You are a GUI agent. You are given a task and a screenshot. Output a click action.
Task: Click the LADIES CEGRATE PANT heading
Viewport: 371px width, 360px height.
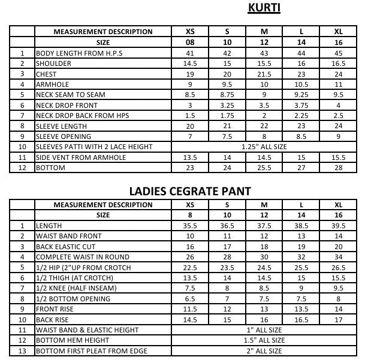(190, 191)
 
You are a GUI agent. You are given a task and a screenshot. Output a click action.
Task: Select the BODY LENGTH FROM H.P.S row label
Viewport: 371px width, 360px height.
(79, 53)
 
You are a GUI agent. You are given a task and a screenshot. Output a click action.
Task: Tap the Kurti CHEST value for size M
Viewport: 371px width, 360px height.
(264, 74)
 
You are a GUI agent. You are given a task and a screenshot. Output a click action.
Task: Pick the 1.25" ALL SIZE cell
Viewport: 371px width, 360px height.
(264, 147)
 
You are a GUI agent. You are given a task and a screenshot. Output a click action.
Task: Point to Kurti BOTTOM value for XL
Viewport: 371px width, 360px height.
(339, 168)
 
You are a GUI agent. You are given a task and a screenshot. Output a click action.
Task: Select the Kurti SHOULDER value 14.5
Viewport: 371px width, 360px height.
(191, 63)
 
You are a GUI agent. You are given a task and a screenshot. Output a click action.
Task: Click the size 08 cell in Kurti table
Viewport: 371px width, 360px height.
(191, 43)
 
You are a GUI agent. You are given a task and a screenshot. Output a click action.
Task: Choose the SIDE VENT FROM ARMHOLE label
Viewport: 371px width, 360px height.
(81, 158)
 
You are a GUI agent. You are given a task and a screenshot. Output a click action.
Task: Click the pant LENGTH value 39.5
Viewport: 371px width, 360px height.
(339, 226)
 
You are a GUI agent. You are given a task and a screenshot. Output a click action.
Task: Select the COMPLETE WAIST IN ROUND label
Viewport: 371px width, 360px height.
(83, 257)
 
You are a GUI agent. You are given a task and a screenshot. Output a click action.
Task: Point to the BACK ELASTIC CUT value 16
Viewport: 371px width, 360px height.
(191, 247)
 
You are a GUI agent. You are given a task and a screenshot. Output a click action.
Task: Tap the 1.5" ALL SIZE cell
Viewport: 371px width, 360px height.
(264, 340)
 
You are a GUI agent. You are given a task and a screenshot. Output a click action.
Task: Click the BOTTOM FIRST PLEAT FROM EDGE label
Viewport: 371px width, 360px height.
(92, 351)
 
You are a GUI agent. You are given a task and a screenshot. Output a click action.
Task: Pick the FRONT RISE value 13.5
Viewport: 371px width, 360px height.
(301, 309)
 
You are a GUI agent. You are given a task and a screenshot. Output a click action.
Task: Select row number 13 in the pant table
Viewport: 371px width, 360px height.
(22, 351)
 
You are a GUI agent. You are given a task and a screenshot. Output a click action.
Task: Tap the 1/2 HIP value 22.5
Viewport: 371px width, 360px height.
(191, 267)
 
